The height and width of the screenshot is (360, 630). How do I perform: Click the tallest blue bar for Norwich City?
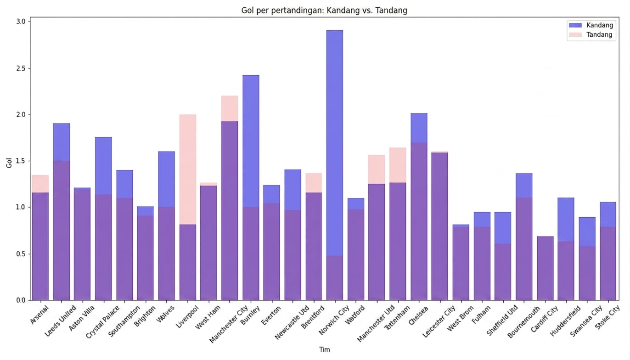click(x=335, y=165)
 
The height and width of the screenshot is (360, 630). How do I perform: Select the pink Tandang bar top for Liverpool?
click(x=188, y=169)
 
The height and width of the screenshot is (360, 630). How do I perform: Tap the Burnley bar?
click(x=251, y=188)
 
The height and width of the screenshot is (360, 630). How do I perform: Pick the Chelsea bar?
click(x=419, y=207)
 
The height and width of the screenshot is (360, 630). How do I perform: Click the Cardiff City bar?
click(x=545, y=268)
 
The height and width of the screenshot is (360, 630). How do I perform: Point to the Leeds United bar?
click(x=62, y=212)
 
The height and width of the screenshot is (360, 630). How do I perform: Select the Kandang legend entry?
click(x=591, y=25)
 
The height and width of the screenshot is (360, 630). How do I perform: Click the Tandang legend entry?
click(x=591, y=34)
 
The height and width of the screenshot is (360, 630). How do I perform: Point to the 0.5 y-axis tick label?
click(x=21, y=254)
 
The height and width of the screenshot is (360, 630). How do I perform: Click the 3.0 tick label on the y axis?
click(x=21, y=22)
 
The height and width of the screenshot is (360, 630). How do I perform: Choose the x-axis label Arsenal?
click(x=39, y=315)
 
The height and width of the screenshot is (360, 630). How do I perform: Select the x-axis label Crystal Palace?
click(x=103, y=322)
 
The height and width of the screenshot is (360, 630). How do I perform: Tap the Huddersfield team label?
click(x=565, y=321)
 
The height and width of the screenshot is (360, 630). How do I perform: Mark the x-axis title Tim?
click(x=324, y=349)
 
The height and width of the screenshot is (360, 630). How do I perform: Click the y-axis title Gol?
click(x=9, y=163)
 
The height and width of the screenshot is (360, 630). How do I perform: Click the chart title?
click(x=324, y=11)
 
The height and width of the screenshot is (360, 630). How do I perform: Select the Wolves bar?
click(x=167, y=226)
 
